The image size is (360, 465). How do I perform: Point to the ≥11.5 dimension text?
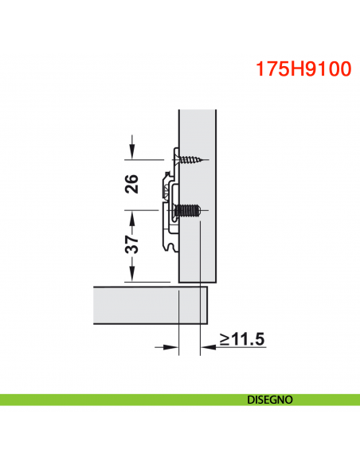tap(242, 339)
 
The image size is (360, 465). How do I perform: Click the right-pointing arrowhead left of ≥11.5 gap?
tap(172, 347)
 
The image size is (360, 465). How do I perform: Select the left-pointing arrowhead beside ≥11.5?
tap(205, 347)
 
